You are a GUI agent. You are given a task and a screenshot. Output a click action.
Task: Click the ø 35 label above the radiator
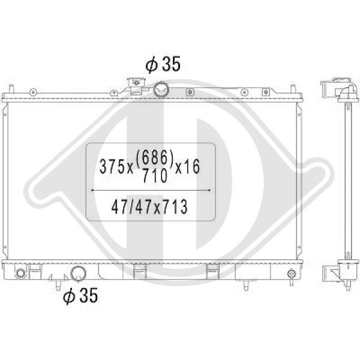[163, 64]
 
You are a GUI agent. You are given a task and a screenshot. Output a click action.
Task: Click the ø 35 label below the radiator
[80, 296]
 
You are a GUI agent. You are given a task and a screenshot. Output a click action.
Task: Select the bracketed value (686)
[155, 158]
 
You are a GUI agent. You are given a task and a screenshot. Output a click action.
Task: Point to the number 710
[155, 176]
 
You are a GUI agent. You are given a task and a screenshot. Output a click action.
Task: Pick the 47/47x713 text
[149, 206]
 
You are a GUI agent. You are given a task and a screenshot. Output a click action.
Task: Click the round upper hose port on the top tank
[161, 89]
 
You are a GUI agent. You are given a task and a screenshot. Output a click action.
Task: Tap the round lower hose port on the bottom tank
[78, 274]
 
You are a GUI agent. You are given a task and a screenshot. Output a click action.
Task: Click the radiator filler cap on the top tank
[136, 86]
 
